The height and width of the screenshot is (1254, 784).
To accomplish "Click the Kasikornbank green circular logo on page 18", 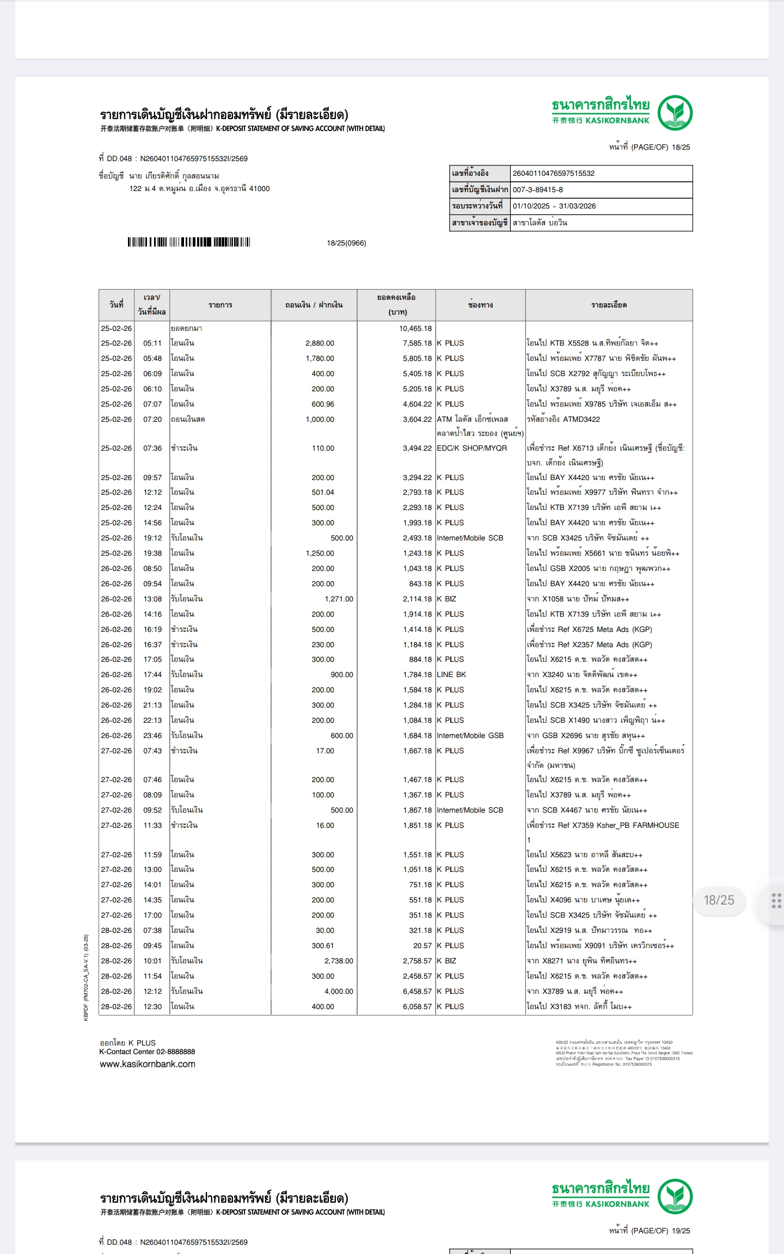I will (675, 113).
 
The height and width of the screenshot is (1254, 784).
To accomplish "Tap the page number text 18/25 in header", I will (681, 147).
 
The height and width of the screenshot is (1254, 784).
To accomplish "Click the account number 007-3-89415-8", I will (537, 190).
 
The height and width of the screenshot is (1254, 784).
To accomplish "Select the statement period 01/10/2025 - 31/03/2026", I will (554, 206).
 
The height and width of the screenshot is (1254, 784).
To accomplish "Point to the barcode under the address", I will (188, 242).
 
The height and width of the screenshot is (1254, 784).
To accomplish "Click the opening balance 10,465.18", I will (415, 329).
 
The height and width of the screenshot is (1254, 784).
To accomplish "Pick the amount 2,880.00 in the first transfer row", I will (320, 343).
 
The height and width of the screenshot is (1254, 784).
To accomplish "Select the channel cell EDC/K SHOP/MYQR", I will (471, 448).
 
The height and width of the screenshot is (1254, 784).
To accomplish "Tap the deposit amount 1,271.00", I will (339, 599).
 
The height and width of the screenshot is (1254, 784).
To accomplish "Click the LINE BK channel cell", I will (451, 675).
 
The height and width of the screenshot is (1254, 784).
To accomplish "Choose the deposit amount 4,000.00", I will (339, 992).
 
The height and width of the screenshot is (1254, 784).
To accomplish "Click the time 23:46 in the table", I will (152, 736).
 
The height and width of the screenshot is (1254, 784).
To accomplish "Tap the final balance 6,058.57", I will (417, 1007).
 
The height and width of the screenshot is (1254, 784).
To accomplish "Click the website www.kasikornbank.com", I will (147, 1064).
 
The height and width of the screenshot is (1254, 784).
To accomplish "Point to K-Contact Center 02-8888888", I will (147, 1052).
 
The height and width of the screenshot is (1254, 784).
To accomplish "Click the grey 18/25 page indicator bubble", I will (719, 900).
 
